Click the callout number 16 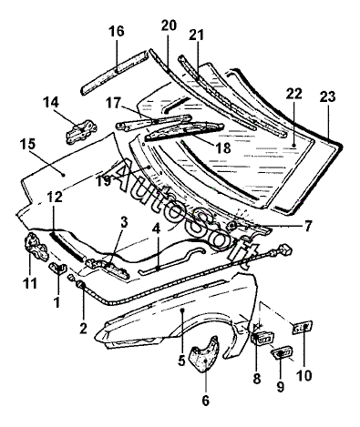pyautogui.click(x=117, y=31)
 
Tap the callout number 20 pyautogui.click(x=169, y=25)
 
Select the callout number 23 pyautogui.click(x=328, y=97)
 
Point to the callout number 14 pyautogui.click(x=50, y=102)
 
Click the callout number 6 pyautogui.click(x=206, y=401)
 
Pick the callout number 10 pyautogui.click(x=304, y=376)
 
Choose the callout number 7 pyautogui.click(x=308, y=226)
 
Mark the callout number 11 pyautogui.click(x=30, y=283)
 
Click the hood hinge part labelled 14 pyautogui.click(x=81, y=131)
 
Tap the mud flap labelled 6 pyautogui.click(x=204, y=354)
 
